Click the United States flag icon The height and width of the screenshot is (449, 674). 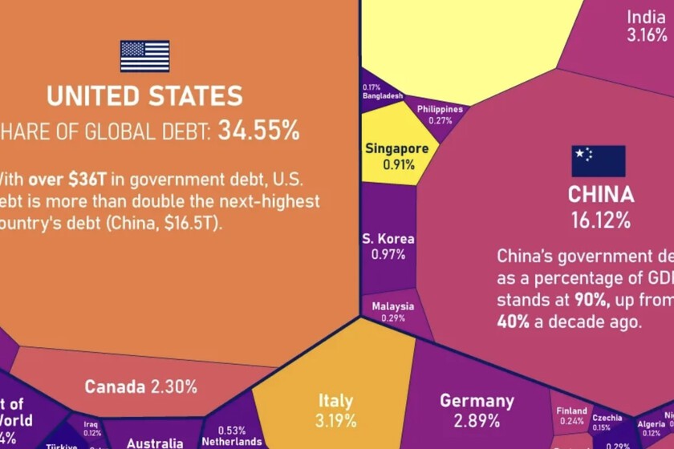click(x=144, y=56)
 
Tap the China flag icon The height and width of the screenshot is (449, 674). click(x=598, y=160)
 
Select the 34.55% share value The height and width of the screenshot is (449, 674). click(x=257, y=131)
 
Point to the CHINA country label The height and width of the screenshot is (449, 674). click(x=601, y=195)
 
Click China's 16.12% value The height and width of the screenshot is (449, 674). click(x=601, y=219)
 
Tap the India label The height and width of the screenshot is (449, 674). click(x=646, y=18)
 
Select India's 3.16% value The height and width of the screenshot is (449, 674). click(x=647, y=35)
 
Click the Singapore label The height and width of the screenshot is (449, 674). click(x=396, y=148)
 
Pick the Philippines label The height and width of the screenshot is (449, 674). click(x=440, y=109)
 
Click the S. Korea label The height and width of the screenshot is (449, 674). click(x=388, y=238)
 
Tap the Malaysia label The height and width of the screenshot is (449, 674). click(x=393, y=306)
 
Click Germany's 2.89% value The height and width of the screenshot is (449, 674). click(x=477, y=421)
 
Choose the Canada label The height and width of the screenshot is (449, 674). click(x=116, y=386)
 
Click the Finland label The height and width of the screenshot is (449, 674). click(x=571, y=411)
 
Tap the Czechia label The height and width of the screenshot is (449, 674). click(x=607, y=417)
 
